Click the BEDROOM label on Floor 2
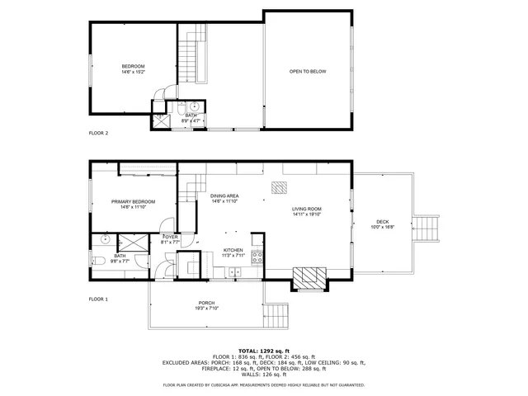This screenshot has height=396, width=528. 133,66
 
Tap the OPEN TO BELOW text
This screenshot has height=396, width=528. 308,72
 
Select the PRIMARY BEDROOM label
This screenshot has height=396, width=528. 133,202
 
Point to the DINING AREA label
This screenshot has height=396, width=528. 224,196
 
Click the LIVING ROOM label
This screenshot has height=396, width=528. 306,210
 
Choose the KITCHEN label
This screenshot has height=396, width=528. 233,250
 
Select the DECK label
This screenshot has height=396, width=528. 383,222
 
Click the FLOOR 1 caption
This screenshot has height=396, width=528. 98,299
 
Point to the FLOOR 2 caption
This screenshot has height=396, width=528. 98,132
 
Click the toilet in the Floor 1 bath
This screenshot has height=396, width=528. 97,261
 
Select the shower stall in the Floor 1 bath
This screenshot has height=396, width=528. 130,242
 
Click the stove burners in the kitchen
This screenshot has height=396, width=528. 257,257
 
